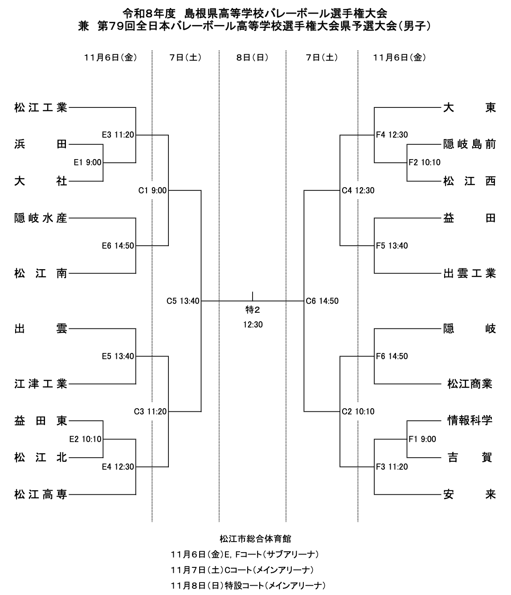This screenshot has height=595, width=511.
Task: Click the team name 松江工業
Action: (x=41, y=108)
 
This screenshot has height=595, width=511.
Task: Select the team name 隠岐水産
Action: (x=41, y=218)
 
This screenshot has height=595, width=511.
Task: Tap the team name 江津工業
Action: (x=41, y=384)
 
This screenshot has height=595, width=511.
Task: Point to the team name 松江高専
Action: (x=41, y=495)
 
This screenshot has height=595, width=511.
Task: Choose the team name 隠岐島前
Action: (x=470, y=144)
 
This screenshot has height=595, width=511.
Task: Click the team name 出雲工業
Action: (x=470, y=273)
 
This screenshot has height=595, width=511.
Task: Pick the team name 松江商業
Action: (x=470, y=384)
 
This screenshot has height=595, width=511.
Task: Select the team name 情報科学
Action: (x=470, y=421)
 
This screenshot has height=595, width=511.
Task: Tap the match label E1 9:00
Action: (x=87, y=163)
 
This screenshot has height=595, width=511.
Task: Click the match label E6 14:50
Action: (x=118, y=246)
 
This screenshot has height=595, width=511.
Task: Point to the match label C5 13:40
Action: (x=183, y=301)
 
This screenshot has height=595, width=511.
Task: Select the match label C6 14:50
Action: (x=322, y=301)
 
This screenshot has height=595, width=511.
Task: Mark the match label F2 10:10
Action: (x=425, y=163)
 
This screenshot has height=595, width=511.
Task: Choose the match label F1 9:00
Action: (x=422, y=439)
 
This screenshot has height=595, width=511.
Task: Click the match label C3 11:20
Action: (x=150, y=412)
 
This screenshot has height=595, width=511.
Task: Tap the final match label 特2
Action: (x=253, y=310)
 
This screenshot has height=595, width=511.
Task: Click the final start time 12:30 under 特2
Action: (x=253, y=325)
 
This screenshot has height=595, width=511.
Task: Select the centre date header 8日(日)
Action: (x=252, y=58)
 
